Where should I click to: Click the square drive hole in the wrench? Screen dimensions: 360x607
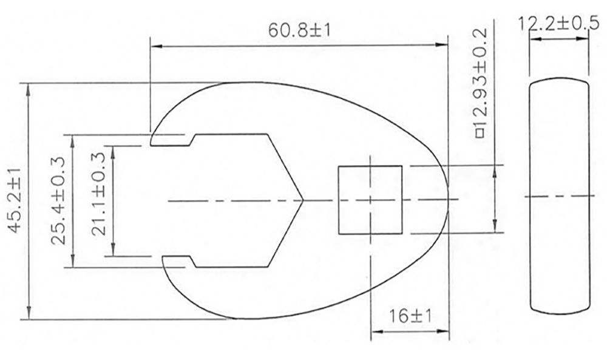point(370,200)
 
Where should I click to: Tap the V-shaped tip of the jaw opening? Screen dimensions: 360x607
point(302,200)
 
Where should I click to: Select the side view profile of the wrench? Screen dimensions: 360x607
point(559,196)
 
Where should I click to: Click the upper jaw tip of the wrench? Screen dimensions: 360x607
point(153,139)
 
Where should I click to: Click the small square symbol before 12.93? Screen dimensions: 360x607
point(479,132)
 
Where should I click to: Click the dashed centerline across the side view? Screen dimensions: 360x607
point(559,196)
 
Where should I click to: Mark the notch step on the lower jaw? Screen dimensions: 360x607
point(192,261)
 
